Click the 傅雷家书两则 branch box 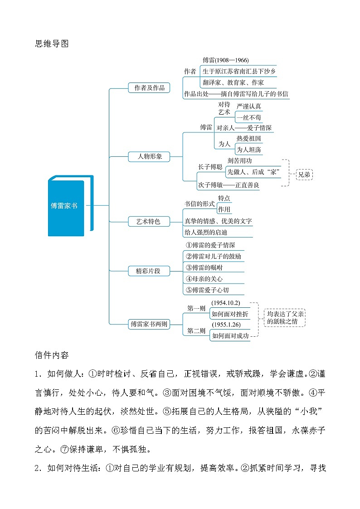[149, 324]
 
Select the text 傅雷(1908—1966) [225, 60]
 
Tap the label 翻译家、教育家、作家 [233, 82]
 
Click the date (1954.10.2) [226, 303]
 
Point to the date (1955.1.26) [226, 325]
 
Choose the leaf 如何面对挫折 [230, 314]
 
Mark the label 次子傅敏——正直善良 [229, 185]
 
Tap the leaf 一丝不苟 [249, 117]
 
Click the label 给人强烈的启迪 [208, 232]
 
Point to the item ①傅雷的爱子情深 [210, 245]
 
